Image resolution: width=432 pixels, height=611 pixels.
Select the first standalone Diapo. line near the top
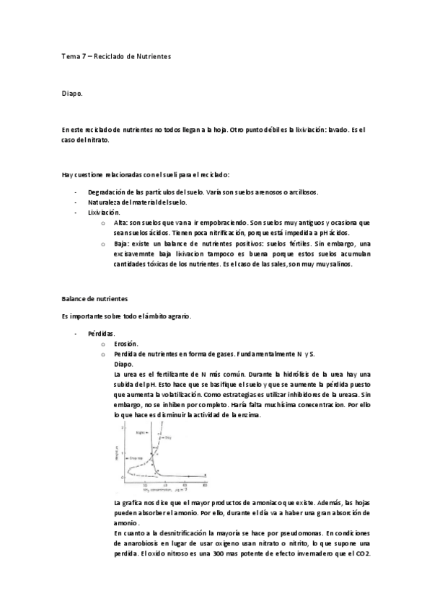point(72,93)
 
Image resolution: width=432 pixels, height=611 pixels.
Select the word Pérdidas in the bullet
point(101,334)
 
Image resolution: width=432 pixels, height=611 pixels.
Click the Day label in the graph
point(167,437)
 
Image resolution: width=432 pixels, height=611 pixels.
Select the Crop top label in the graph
point(134,458)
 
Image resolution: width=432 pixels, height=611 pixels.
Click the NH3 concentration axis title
point(155,490)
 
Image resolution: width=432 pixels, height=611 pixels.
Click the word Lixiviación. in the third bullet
point(104,213)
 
